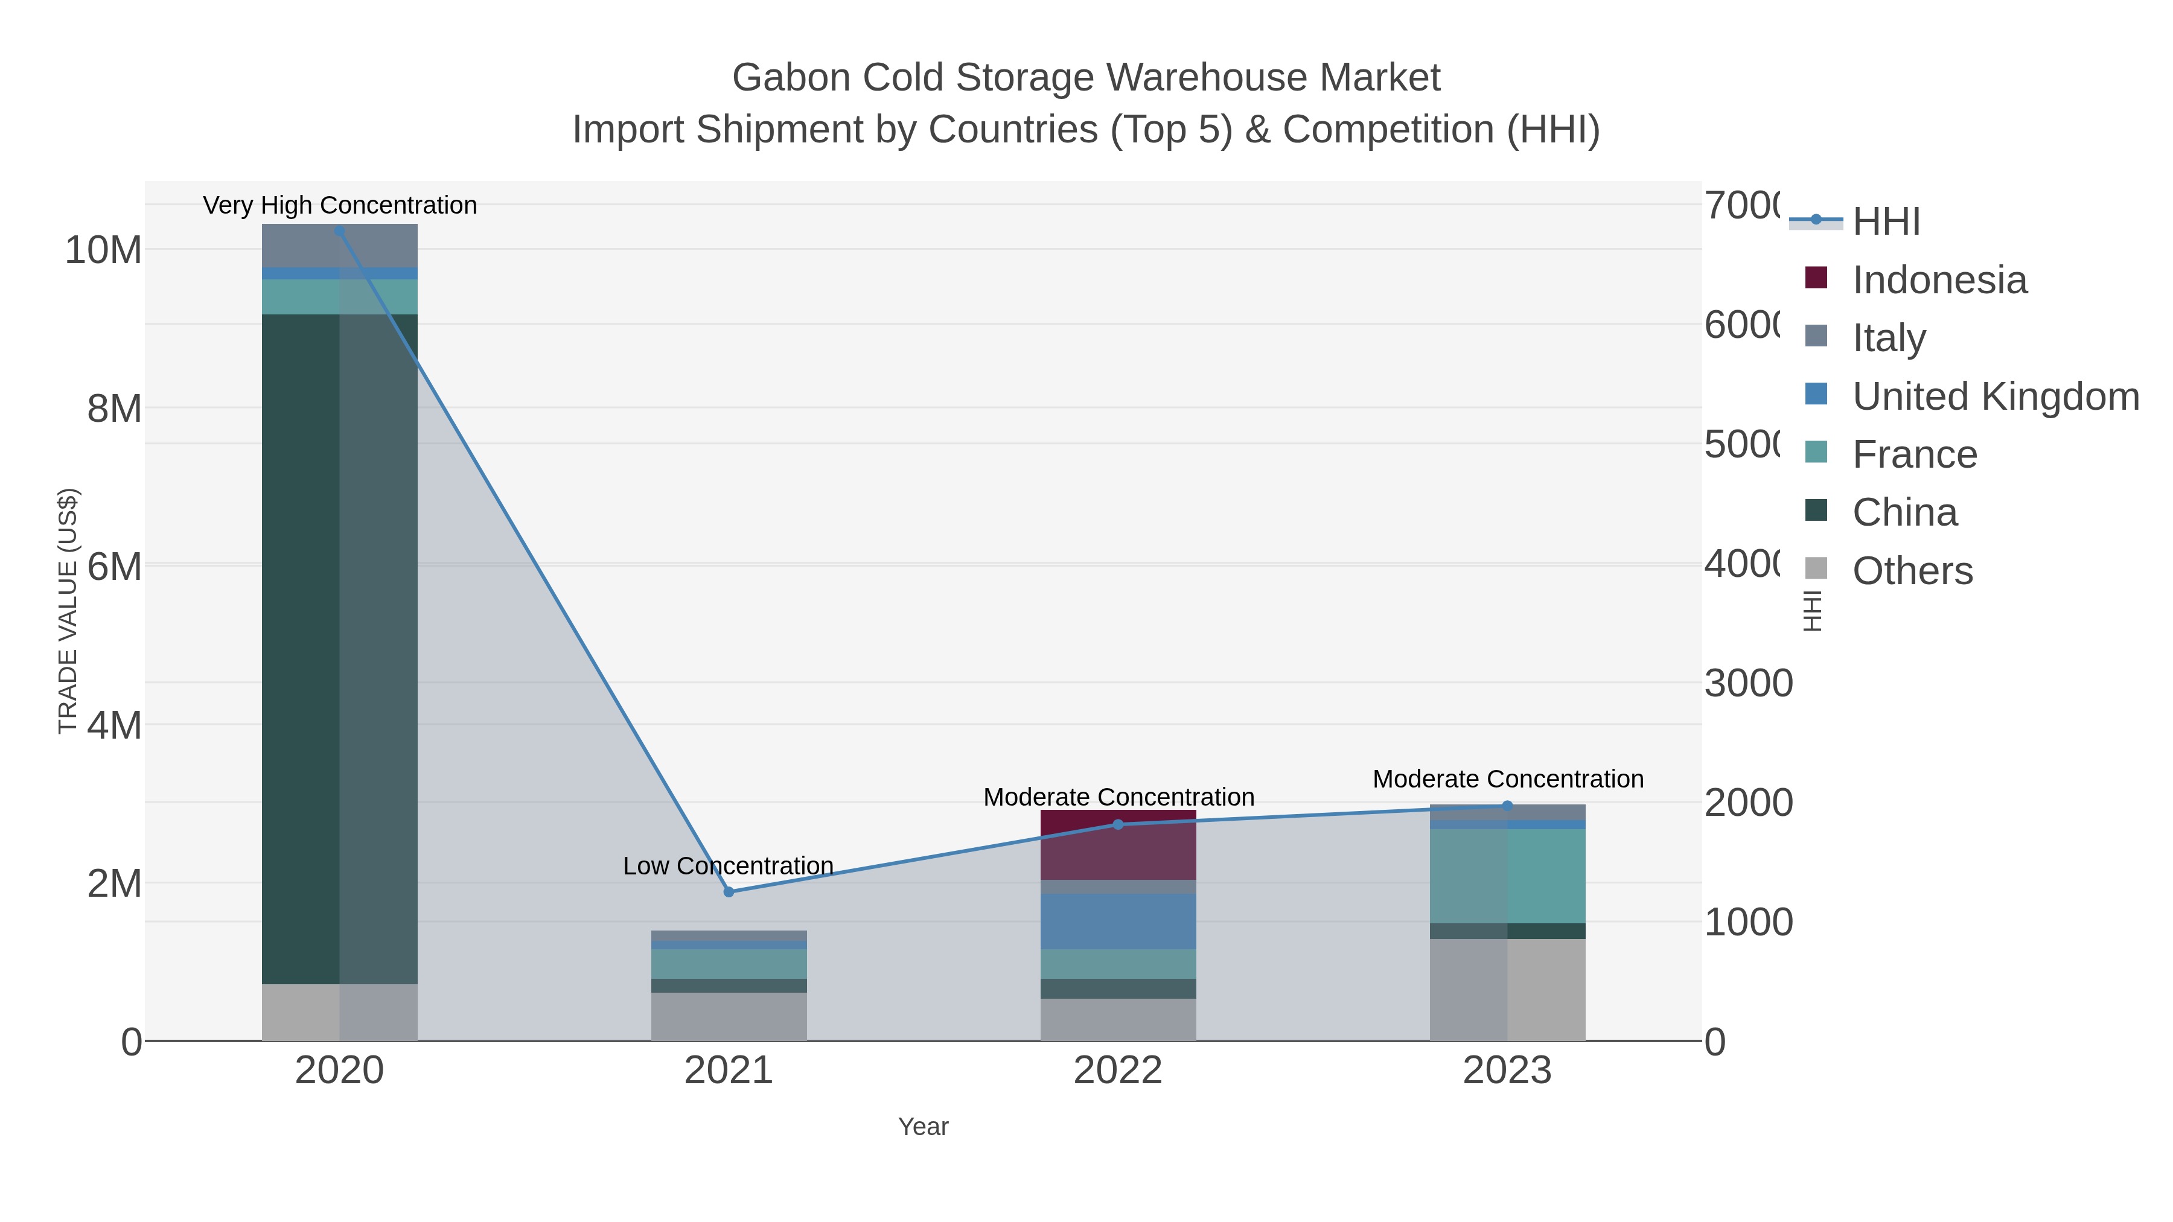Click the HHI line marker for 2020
tap(339, 231)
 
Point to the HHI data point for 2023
tap(1507, 806)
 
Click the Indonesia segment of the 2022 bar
tap(1118, 845)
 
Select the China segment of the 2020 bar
tap(339, 649)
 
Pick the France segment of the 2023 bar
tap(1507, 876)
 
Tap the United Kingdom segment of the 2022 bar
tap(1118, 921)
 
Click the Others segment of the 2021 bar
tap(729, 1017)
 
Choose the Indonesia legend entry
tap(1938, 280)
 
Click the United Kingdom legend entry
tap(1995, 396)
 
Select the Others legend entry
tap(1912, 571)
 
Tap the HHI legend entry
tap(1886, 222)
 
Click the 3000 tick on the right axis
tap(1748, 683)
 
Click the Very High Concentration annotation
tap(340, 205)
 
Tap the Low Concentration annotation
tap(728, 866)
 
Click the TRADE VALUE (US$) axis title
tap(68, 611)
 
